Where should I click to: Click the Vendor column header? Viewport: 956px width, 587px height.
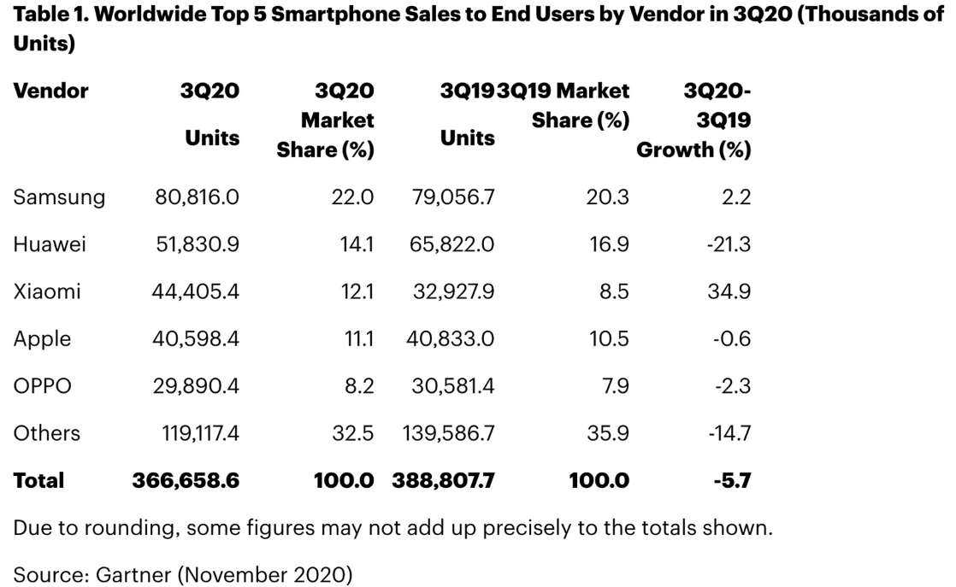51,91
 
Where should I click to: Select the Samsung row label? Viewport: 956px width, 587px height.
59,197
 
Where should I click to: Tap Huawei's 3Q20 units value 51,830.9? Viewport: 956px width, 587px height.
196,244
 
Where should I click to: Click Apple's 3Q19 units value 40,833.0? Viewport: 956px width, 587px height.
451,338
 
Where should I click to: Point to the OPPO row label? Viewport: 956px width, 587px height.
43,385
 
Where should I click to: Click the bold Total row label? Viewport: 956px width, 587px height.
38,480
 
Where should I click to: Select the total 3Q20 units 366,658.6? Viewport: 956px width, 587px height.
186,480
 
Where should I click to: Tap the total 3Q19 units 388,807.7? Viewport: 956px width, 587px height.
443,480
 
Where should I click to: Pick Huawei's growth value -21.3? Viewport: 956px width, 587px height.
729,244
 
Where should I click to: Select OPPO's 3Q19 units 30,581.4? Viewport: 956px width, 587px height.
451,385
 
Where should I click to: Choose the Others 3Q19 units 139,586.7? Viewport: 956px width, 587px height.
448,433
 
